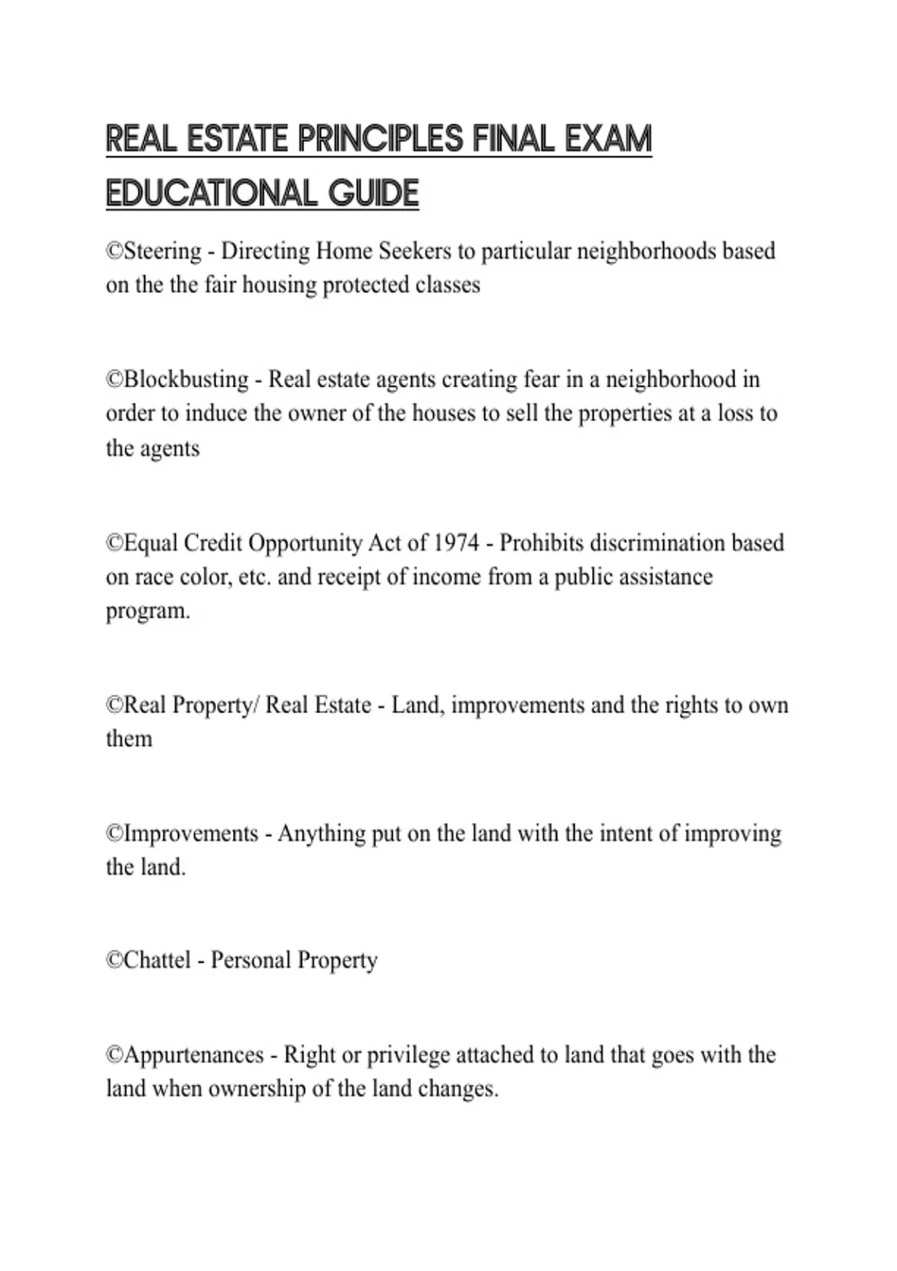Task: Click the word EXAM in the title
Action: [x=608, y=139]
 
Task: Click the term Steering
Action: [x=163, y=251]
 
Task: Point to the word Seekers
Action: [x=415, y=251]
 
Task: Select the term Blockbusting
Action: [x=186, y=380]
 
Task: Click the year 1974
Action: [x=457, y=543]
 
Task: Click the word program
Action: [x=147, y=612]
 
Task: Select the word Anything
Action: [x=321, y=834]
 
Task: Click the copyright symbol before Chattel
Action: [x=114, y=960]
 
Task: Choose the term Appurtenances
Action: [x=194, y=1055]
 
